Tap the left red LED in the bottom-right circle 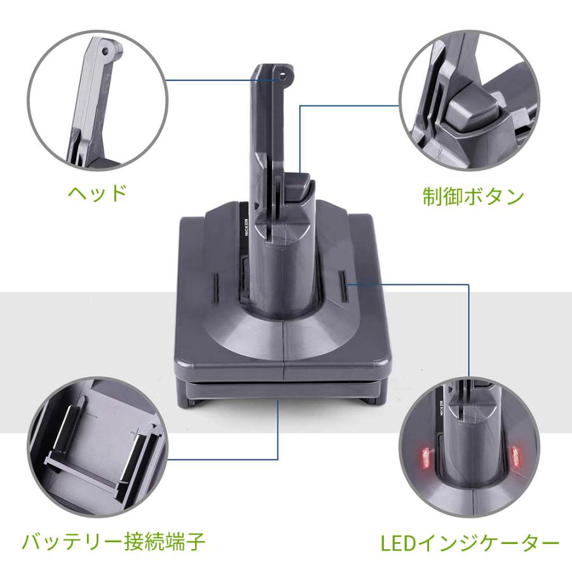[421, 456]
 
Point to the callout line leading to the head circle [210, 79]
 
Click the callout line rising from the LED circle [468, 330]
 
